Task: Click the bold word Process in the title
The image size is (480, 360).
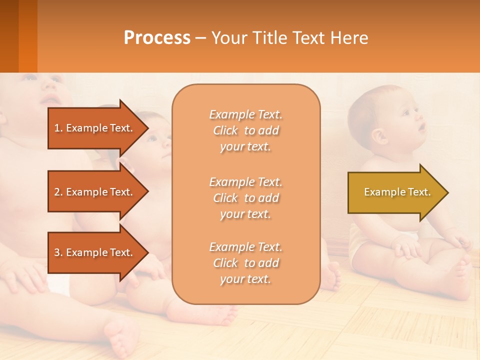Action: (x=157, y=38)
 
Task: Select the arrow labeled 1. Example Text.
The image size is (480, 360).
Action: (x=95, y=128)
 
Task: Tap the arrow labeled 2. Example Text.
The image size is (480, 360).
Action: (x=95, y=192)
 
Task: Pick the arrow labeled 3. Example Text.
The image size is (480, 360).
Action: (x=95, y=252)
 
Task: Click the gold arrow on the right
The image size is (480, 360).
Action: (x=395, y=192)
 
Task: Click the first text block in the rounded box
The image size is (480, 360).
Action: (x=245, y=130)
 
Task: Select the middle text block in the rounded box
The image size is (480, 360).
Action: (x=245, y=197)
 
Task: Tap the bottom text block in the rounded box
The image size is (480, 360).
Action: (x=245, y=262)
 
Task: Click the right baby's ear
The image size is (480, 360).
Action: (x=378, y=135)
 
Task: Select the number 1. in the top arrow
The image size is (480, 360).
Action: (x=58, y=128)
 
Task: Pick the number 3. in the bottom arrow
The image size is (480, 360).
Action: (x=58, y=252)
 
